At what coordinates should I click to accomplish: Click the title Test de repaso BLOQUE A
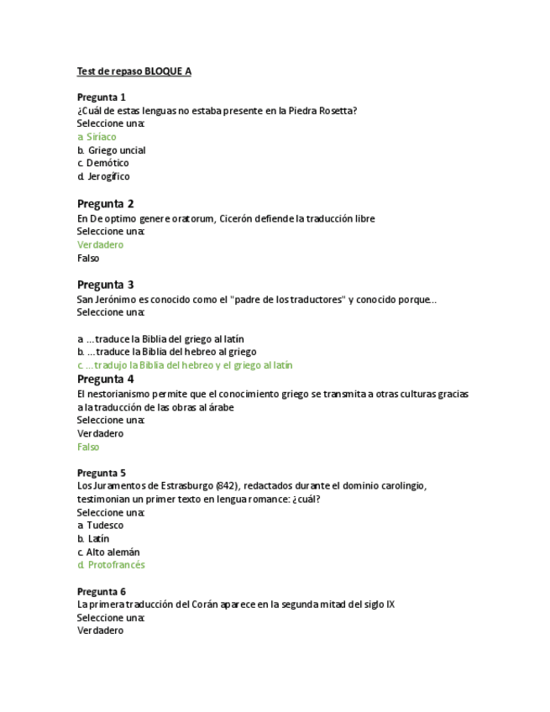(x=134, y=71)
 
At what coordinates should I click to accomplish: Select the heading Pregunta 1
(x=102, y=97)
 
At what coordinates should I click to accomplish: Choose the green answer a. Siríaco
(x=97, y=137)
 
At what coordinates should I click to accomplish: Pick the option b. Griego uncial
(x=112, y=150)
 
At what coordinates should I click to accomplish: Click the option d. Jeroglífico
(x=103, y=176)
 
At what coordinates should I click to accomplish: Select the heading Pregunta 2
(x=105, y=204)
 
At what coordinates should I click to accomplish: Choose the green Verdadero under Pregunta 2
(x=100, y=245)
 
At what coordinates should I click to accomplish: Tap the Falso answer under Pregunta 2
(x=88, y=259)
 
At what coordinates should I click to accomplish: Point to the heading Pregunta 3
(x=105, y=285)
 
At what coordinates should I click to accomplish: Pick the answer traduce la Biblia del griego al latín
(x=165, y=339)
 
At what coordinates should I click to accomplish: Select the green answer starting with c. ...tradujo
(x=185, y=365)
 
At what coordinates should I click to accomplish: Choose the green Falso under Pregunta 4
(x=88, y=447)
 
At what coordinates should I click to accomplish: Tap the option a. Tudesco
(x=100, y=526)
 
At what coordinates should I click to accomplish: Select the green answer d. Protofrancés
(x=111, y=565)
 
